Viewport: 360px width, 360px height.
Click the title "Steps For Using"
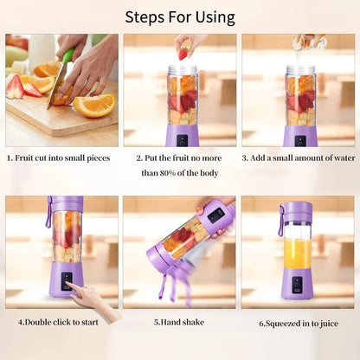(x=179, y=16)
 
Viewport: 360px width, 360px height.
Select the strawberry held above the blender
(x=183, y=53)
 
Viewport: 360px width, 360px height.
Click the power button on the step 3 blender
(x=299, y=140)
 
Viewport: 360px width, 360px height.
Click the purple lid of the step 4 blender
(x=65, y=202)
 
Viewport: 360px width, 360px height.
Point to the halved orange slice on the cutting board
(x=94, y=105)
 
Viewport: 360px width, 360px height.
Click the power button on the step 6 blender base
(x=296, y=282)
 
